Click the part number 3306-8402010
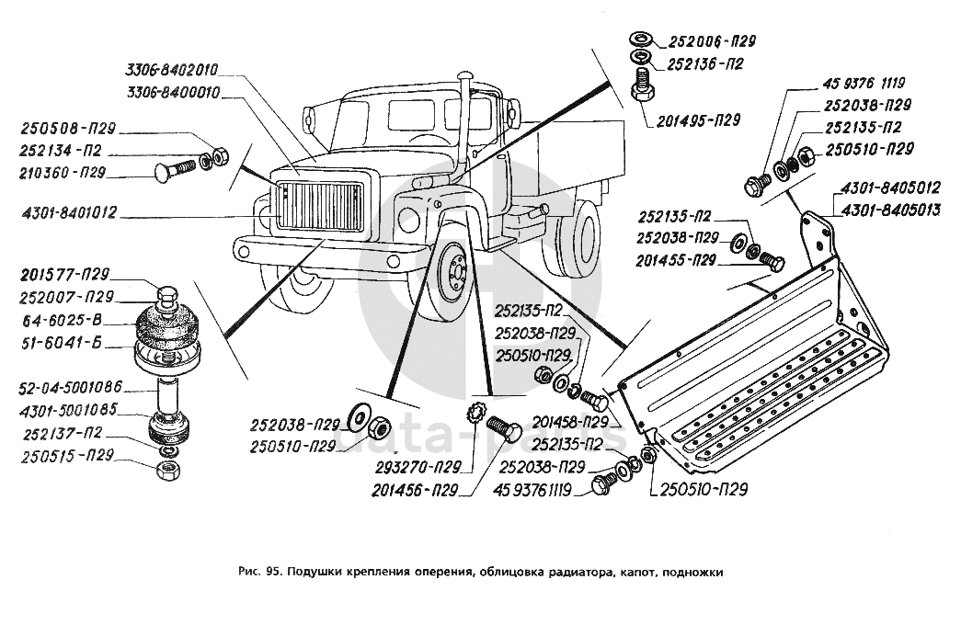point(173,68)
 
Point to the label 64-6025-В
point(58,320)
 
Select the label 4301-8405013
point(887,210)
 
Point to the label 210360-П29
point(62,172)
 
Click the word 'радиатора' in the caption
point(570,571)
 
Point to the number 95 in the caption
point(272,571)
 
